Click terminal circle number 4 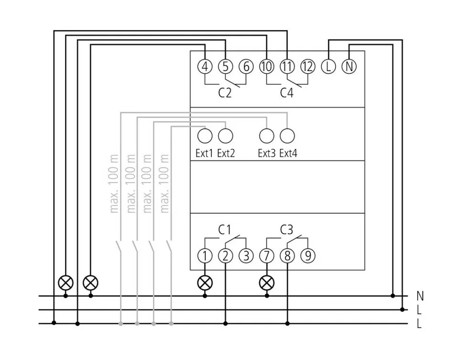tap(204, 67)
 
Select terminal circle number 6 tap(246, 67)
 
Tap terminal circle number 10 tap(266, 67)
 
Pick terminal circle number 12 tap(308, 67)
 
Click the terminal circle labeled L tap(328, 67)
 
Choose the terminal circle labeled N tap(349, 67)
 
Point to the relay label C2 tap(225, 93)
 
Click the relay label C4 tap(286, 93)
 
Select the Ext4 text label tap(288, 154)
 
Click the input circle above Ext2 tap(225, 136)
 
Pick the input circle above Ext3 tap(266, 136)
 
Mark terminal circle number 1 tap(205, 256)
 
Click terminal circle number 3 tap(246, 256)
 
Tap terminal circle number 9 tap(308, 256)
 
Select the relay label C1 tap(225, 230)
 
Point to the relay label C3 tap(286, 230)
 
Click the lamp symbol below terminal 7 tap(266, 283)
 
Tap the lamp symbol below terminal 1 tap(205, 283)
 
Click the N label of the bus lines tap(420, 296)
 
